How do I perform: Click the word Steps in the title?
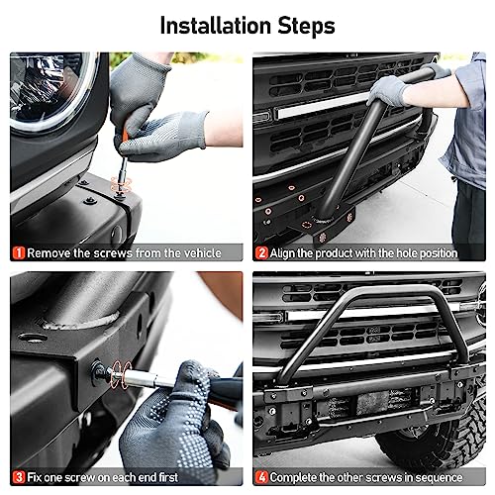(x=302, y=24)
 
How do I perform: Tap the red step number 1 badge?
(x=17, y=252)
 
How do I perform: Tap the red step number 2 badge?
(x=262, y=252)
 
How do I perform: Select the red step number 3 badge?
(x=17, y=478)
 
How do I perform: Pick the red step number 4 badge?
(x=262, y=478)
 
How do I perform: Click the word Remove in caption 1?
(x=50, y=252)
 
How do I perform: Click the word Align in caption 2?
(x=288, y=252)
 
